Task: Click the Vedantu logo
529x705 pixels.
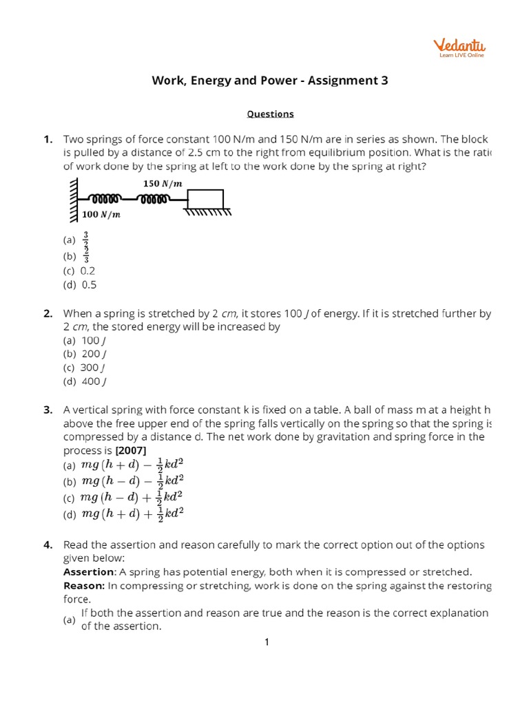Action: coord(459,48)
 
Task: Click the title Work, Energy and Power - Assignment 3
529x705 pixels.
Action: coord(270,81)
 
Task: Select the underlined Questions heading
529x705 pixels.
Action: coord(271,114)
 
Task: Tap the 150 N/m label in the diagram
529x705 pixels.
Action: coord(163,184)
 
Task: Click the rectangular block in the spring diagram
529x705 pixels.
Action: coord(205,199)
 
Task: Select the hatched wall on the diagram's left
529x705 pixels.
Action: coord(73,200)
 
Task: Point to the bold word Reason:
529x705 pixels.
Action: coord(84,585)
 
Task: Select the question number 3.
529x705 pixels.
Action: coord(48,410)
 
